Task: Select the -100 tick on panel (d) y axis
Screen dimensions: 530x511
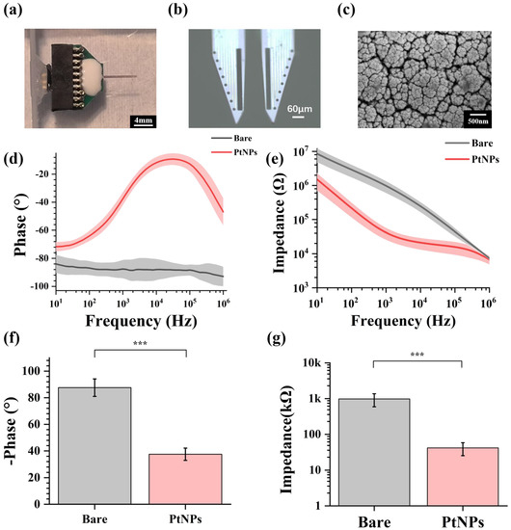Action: (40, 286)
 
